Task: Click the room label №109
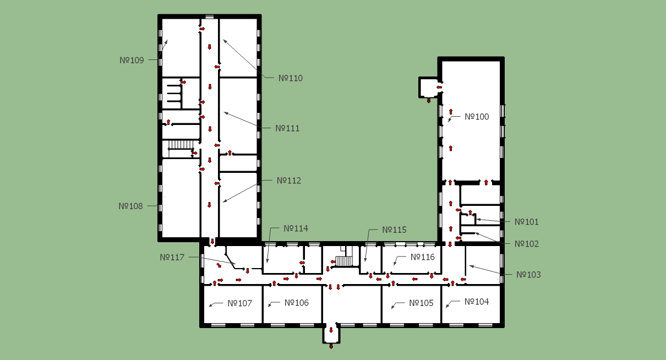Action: [132, 61]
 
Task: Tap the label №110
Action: [291, 78]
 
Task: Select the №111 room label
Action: [287, 128]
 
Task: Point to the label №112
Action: [289, 181]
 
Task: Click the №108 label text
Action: [130, 206]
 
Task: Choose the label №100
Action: [477, 117]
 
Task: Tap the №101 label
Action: [527, 222]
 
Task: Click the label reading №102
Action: [527, 244]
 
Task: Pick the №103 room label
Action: [528, 275]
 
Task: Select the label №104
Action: [477, 302]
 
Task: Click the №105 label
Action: [421, 303]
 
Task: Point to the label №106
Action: [297, 303]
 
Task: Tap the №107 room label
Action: [239, 303]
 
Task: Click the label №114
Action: [296, 228]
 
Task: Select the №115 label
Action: [394, 230]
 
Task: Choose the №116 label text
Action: [423, 257]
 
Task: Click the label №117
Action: [172, 258]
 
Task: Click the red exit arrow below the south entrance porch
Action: [331, 346]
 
